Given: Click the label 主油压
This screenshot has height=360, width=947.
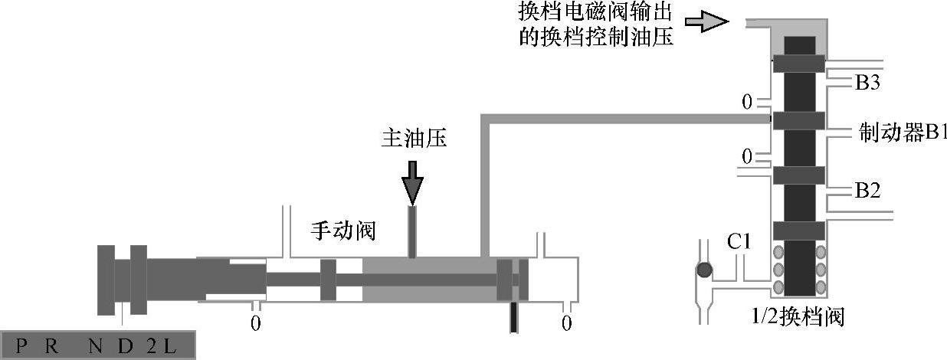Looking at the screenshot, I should (413, 139).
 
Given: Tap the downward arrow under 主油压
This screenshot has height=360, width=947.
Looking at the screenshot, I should (412, 181).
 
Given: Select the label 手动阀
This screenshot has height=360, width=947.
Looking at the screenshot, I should (342, 230).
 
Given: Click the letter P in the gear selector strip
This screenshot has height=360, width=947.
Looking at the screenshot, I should (21, 346).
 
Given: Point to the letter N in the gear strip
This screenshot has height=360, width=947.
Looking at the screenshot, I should (95, 346).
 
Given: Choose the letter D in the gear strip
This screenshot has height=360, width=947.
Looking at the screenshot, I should (124, 346).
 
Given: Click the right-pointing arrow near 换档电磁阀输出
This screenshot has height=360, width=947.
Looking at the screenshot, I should (706, 21).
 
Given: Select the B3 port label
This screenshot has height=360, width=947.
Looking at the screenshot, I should (867, 83).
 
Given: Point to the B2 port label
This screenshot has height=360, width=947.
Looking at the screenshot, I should (867, 190).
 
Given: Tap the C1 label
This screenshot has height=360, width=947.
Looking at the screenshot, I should (739, 242).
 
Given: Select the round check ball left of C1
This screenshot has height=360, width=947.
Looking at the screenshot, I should (703, 270).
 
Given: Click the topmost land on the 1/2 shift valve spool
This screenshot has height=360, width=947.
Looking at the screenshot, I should (798, 64).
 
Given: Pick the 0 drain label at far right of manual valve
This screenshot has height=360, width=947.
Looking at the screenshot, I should (566, 323).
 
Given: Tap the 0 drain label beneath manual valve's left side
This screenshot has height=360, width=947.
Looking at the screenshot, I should (256, 323).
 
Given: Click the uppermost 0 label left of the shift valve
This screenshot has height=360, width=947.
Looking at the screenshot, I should (748, 101).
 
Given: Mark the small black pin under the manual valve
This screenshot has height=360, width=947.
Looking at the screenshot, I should (514, 318).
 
